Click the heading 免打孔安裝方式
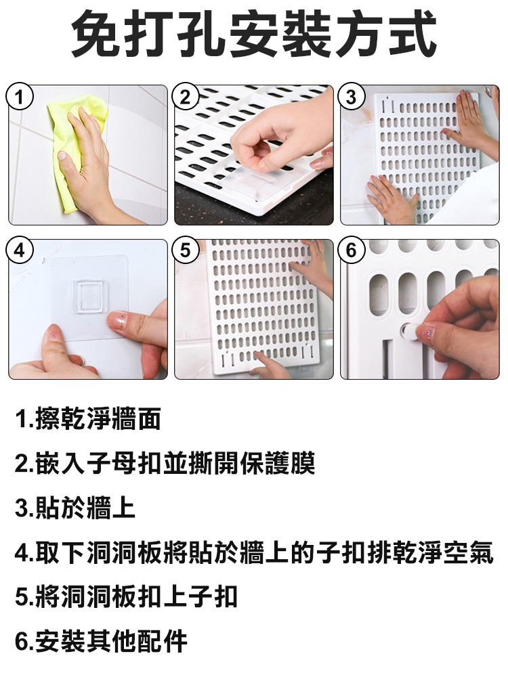253,35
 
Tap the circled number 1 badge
20,96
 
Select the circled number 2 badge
185,96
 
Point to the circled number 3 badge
351,96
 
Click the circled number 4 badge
20,250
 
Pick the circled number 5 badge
185,250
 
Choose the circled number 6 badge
351,250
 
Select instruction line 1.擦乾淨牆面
87,419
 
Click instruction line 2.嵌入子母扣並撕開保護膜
165,463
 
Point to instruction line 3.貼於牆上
75,508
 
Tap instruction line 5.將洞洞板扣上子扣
126,596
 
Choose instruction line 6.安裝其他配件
100,641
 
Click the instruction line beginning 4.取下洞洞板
254,552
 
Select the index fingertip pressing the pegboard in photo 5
259,356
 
